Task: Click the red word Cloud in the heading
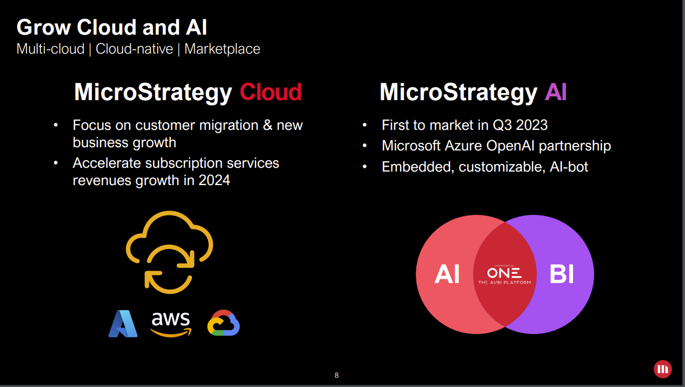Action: click(270, 93)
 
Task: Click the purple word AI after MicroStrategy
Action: click(555, 93)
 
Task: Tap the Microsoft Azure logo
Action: click(123, 324)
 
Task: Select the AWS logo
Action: click(171, 324)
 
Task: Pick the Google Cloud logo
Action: click(223, 323)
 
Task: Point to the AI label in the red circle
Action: click(447, 275)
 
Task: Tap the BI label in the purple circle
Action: click(561, 275)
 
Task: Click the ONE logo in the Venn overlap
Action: click(504, 273)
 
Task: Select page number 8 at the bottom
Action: click(337, 375)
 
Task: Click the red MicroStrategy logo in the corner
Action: click(662, 369)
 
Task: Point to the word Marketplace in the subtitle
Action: click(222, 49)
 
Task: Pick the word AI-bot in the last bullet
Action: click(569, 167)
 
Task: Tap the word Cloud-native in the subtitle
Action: click(134, 49)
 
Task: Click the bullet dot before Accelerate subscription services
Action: click(56, 163)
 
